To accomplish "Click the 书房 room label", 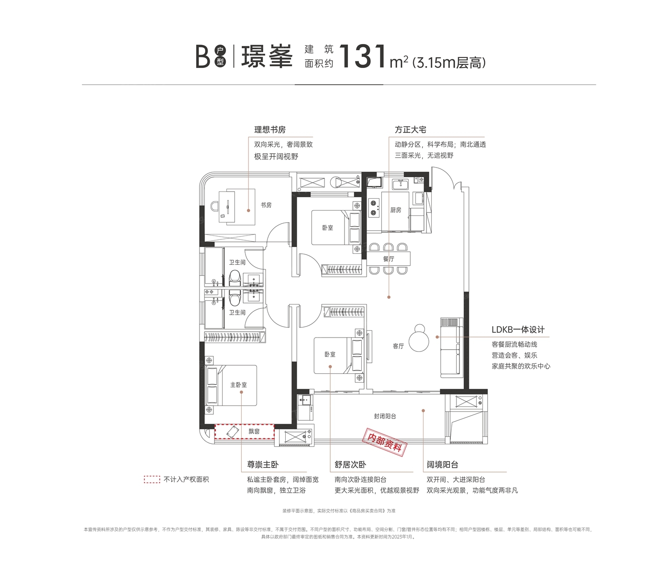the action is coord(266,205).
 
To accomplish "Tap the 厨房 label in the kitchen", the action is coord(396,210).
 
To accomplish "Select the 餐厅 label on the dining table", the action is coord(389,259).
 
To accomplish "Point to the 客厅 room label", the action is coord(398,346).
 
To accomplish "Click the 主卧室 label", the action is coord(238,384).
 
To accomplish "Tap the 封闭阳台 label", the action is coord(385,417).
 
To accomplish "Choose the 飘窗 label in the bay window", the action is coord(254,431).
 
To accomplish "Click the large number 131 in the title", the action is coord(363,57).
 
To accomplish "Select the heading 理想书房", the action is coord(270,130).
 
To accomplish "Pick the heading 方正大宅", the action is coord(411,130).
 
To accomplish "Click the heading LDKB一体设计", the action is coord(518,330).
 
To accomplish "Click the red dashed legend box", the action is coord(152,480).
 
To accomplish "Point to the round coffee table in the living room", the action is coord(419,341).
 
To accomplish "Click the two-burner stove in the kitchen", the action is coord(373,208).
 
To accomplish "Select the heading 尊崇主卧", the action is coord(262,464).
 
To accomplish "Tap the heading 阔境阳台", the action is coord(442,464).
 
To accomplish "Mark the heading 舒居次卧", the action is coord(350,464).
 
